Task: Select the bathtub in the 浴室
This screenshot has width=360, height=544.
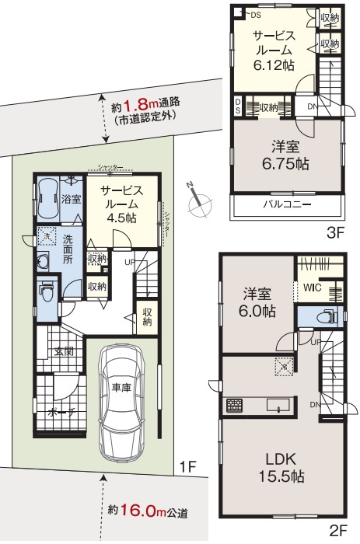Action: click(x=46, y=194)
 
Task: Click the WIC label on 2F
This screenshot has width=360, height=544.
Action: click(x=313, y=287)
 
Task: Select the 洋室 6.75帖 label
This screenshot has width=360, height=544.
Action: click(x=285, y=155)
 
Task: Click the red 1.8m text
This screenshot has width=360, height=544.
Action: click(x=140, y=103)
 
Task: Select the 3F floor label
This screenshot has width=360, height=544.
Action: click(x=336, y=231)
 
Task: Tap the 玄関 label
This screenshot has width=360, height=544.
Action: click(x=64, y=351)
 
